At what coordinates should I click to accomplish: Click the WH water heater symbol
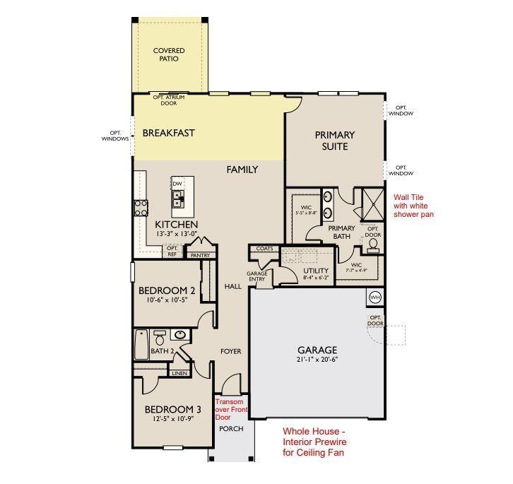[x=375, y=297]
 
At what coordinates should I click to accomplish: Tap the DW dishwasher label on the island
[x=177, y=184]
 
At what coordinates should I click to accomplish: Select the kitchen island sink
[x=178, y=200]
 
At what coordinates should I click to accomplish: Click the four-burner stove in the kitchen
[x=141, y=208]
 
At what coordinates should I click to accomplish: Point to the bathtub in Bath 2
[x=141, y=344]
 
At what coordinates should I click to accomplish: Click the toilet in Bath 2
[x=159, y=338]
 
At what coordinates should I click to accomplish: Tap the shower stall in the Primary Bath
[x=373, y=204]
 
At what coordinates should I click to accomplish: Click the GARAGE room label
[x=317, y=350]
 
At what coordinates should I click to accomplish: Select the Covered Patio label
[x=169, y=54]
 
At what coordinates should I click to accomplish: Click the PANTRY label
[x=200, y=255]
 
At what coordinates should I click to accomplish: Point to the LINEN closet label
[x=179, y=373]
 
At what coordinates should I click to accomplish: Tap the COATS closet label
[x=264, y=249]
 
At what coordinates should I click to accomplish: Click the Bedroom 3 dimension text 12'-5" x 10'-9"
[x=172, y=418]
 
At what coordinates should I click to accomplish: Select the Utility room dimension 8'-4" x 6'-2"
[x=316, y=277]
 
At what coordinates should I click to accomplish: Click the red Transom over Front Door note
[x=232, y=409]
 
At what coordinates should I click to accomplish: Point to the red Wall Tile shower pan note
[x=413, y=206]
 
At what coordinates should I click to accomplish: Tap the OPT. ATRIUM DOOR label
[x=169, y=100]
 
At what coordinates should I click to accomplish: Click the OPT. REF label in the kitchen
[x=172, y=251]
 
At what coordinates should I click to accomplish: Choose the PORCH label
[x=231, y=429]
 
